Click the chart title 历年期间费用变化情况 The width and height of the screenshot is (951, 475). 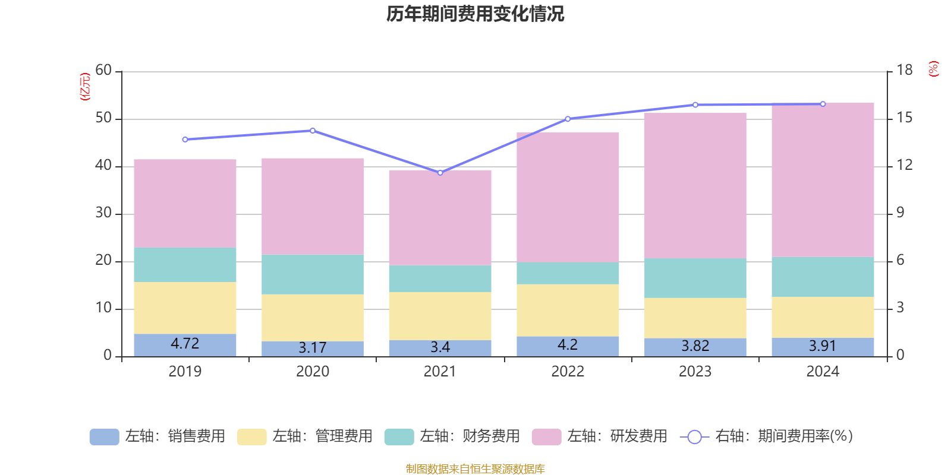(x=475, y=14)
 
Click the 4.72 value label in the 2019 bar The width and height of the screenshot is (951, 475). (x=185, y=343)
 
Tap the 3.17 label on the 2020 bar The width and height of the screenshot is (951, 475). (x=313, y=347)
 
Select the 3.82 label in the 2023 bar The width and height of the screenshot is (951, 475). (x=695, y=346)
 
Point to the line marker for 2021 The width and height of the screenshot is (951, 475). (x=440, y=173)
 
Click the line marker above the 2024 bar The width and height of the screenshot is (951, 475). (x=823, y=104)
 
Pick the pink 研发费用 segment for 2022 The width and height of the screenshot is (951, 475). (x=568, y=197)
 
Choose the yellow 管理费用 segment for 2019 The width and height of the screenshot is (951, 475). (x=185, y=308)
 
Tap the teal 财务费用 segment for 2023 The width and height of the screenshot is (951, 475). (x=695, y=278)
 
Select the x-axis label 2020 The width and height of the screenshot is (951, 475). (x=313, y=372)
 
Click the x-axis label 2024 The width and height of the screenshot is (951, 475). (x=823, y=372)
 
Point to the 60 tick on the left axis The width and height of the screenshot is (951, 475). (x=103, y=71)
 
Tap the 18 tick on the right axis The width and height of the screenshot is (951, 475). (x=904, y=71)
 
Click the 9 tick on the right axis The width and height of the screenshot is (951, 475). (x=900, y=213)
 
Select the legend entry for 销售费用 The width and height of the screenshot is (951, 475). (x=158, y=436)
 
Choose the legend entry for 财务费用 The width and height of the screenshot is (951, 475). (x=452, y=436)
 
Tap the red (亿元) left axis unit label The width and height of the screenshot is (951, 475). (x=86, y=87)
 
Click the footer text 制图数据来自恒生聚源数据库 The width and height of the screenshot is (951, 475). (x=475, y=469)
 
